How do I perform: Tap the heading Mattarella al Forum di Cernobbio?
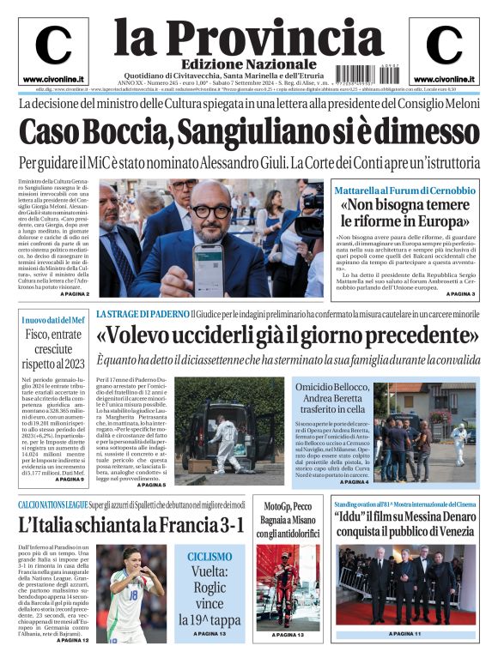[404, 190]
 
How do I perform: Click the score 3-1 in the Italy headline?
[226, 524]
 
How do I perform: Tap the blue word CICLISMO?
[210, 556]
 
